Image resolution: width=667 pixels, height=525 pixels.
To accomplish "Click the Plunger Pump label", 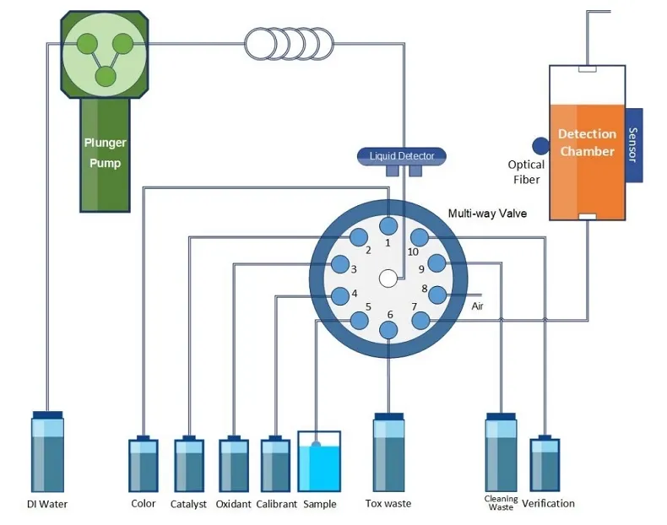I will point(105,153).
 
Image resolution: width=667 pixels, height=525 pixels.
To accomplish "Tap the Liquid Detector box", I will point(402,156).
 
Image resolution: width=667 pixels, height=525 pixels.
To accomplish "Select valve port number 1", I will point(388,225).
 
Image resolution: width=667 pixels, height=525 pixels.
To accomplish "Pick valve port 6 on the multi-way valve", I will point(388,331).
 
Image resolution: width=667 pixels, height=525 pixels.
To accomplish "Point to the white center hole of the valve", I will point(388,278).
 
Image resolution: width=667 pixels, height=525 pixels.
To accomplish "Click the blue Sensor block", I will point(633,144).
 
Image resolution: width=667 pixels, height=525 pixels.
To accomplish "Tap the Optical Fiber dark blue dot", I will point(540,147).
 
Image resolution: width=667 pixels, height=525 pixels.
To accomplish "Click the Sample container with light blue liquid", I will point(318,462).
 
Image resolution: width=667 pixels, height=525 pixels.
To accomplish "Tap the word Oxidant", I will point(233,505).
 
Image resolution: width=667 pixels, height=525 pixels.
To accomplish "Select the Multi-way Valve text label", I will point(487,214).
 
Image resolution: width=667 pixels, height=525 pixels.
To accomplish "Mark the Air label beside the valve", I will point(479,306).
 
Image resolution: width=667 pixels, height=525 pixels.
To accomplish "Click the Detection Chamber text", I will point(587,143).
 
